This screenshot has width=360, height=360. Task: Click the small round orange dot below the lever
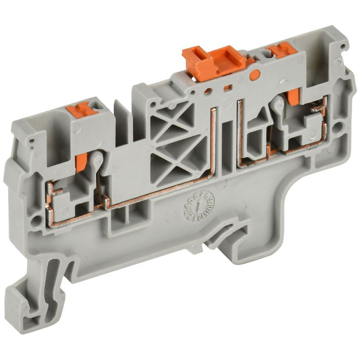click(x=254, y=75)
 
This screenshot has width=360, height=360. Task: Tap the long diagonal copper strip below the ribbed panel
click(x=157, y=191)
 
